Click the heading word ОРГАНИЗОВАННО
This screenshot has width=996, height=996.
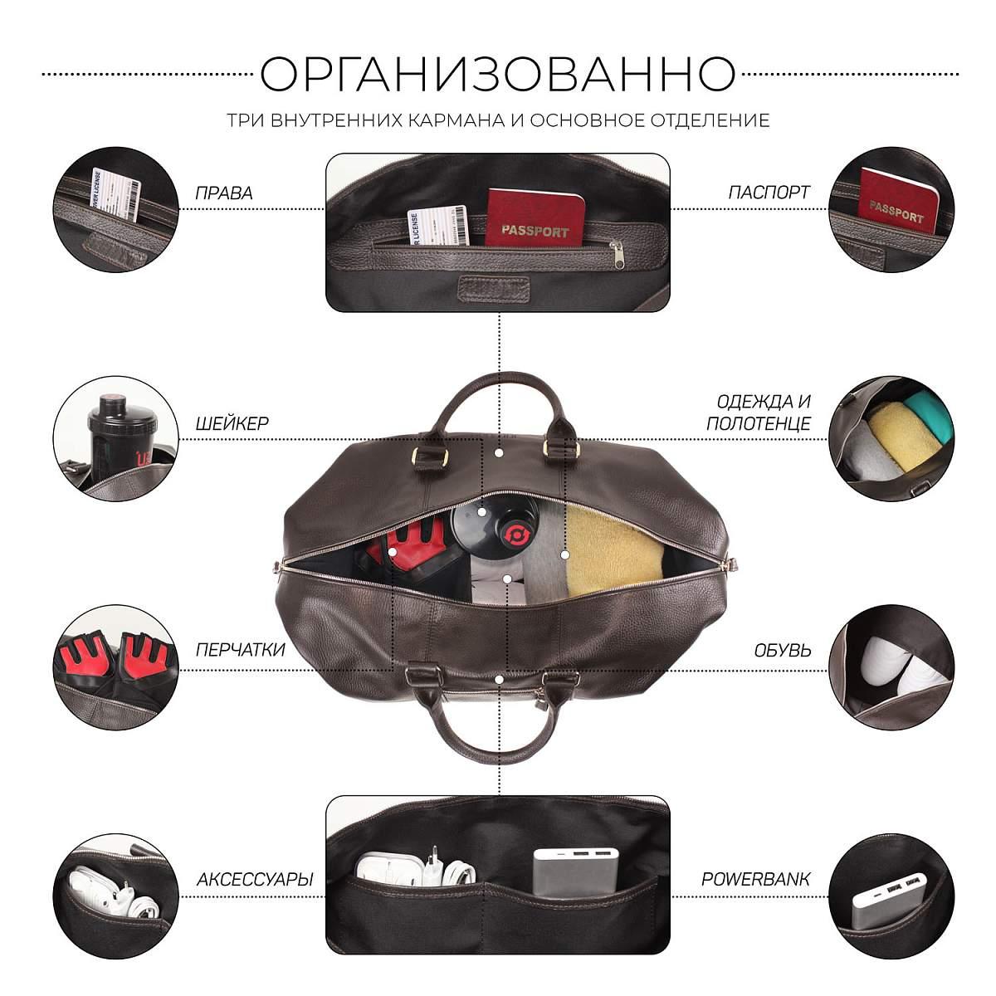click(x=497, y=74)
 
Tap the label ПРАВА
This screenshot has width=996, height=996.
click(x=224, y=193)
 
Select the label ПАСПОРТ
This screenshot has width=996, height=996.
click(x=768, y=193)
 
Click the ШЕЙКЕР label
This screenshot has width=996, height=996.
click(x=232, y=423)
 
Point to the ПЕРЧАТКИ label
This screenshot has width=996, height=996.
click(x=241, y=650)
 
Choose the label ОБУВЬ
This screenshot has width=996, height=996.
click(x=782, y=650)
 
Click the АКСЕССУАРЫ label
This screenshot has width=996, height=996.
click(x=255, y=879)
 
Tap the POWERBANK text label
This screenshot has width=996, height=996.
click(x=755, y=879)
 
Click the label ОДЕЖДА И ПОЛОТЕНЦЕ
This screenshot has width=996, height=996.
click(x=759, y=413)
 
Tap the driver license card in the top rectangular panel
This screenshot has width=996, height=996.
click(x=438, y=226)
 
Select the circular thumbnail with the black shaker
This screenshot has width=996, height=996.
click(x=115, y=438)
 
